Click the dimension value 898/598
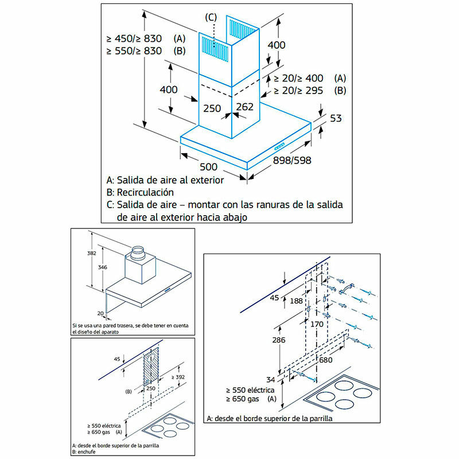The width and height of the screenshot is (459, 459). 293,160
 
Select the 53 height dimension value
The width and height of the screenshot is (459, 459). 336,119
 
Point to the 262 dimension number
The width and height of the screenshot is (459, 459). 244,107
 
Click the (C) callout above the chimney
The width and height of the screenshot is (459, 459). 211,17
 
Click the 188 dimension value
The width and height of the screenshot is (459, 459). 296,301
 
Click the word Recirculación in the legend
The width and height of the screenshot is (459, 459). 145,192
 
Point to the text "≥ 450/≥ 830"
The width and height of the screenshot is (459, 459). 134,38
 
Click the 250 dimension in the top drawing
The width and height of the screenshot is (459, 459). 212,107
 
